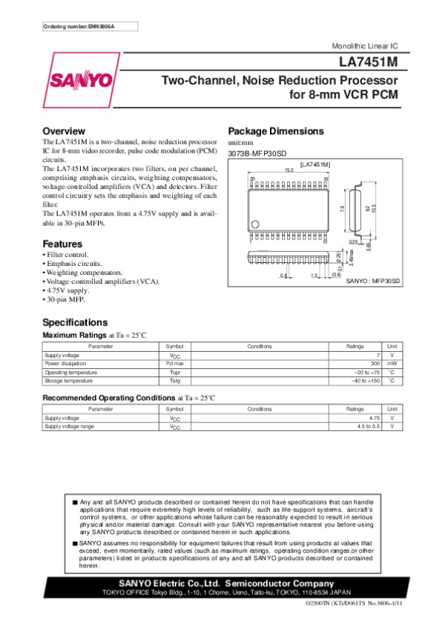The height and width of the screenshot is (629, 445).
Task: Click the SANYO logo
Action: (81, 80)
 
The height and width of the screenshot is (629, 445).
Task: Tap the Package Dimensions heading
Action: (276, 131)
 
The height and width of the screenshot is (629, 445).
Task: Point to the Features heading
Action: (62, 244)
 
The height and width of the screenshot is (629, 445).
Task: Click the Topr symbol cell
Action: (175, 372)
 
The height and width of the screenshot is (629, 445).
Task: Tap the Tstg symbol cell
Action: (175, 380)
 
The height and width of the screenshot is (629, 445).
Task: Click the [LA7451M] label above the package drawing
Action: (314, 163)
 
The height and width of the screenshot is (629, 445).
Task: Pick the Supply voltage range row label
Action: (69, 427)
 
